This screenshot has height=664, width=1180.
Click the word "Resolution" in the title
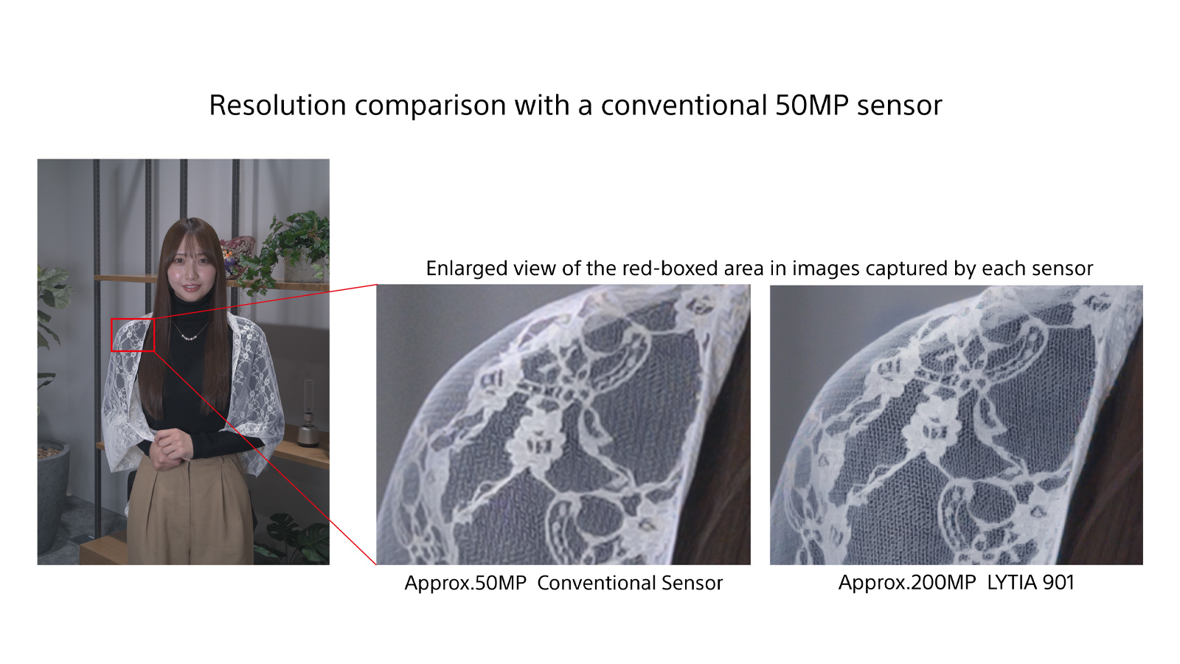point(277,105)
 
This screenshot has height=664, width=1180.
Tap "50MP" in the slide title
point(812,105)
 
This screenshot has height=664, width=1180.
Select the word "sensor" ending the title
point(899,107)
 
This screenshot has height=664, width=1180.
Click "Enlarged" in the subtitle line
point(465,269)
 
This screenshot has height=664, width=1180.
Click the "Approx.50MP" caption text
point(465,583)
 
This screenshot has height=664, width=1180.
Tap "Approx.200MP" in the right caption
point(906,582)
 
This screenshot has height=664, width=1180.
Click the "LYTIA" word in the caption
point(1011,582)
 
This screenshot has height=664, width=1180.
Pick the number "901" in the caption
point(1058,582)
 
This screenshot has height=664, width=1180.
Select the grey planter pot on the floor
point(52,495)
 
